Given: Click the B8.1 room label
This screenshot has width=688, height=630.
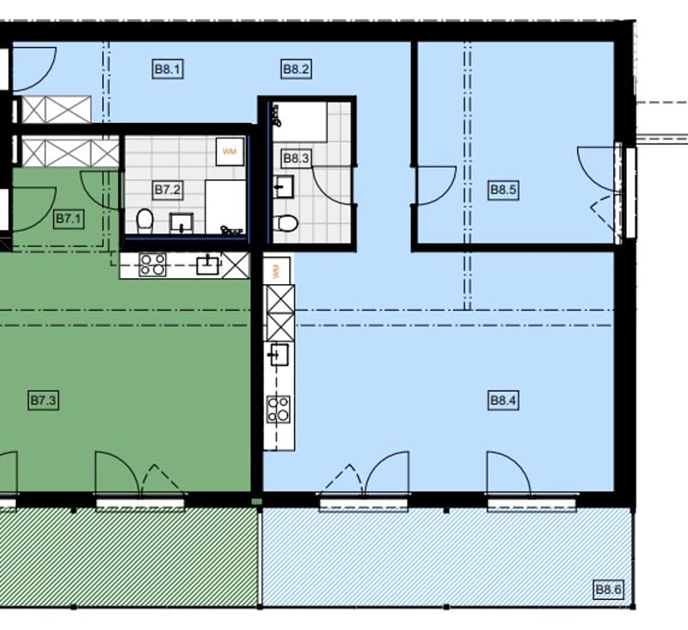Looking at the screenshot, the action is pos(168,69).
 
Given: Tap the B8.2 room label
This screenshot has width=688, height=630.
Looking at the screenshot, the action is pos(296,69).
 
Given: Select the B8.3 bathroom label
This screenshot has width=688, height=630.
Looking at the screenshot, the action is pos(296,158).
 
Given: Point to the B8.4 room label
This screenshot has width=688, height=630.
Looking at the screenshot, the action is pos(503,400).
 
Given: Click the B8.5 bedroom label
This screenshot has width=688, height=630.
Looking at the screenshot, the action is pos(503,190).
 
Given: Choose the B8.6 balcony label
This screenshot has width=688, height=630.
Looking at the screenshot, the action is pos(608,590).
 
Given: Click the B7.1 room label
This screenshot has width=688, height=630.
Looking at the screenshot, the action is pos(69,219).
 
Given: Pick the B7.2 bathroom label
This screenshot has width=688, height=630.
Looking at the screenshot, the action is pos(168,189).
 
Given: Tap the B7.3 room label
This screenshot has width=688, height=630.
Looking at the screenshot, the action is pos(43,400).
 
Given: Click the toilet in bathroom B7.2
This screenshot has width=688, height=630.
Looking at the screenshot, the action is pos(144,221).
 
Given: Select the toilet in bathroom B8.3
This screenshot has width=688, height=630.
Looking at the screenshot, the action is pos(286,223).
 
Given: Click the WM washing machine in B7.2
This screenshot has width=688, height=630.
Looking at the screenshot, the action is pos(230,151).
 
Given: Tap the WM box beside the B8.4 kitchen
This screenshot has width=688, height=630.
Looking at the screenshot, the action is pos(277,270).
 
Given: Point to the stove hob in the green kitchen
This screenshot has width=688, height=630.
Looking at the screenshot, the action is pos(152,265).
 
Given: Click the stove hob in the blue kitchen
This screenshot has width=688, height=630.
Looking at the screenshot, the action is pos(279,409).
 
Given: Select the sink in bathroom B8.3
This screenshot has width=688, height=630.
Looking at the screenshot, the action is pos(283,187).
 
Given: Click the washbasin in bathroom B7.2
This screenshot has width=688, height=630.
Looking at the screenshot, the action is pos(181,223).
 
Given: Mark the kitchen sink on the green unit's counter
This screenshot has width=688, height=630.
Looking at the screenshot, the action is pos(207,265).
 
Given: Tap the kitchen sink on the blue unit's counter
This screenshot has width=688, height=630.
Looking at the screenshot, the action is pos(278,355).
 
